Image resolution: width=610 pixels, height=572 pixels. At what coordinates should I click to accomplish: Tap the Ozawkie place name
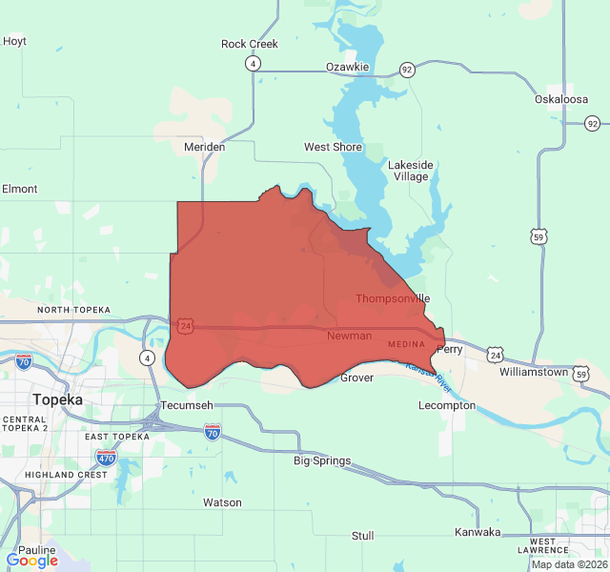[347, 67]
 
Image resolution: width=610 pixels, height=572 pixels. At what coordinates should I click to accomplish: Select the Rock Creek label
[249, 44]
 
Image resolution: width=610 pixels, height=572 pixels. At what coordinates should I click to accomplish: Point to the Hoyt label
[15, 41]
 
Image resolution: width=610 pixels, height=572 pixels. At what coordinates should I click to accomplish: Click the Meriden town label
[204, 147]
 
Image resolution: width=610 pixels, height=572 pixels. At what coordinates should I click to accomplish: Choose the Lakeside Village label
[411, 171]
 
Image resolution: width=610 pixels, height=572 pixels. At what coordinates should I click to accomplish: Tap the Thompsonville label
[393, 298]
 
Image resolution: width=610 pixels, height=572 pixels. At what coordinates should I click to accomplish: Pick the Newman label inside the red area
[349, 337]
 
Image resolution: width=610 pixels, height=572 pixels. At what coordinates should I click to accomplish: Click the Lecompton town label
[447, 405]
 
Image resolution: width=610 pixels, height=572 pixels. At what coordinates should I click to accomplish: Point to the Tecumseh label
[186, 405]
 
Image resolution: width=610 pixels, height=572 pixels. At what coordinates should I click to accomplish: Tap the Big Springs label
[321, 460]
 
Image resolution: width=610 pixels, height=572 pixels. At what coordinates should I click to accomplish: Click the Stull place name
[362, 536]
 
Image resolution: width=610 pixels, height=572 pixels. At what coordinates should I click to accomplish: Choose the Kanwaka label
[478, 532]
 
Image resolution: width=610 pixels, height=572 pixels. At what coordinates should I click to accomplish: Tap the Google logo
[31, 561]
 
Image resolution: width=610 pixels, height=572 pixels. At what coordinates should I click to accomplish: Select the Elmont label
[20, 189]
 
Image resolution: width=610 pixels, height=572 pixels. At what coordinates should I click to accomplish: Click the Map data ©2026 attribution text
[567, 564]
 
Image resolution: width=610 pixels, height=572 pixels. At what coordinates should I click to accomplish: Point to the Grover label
[357, 378]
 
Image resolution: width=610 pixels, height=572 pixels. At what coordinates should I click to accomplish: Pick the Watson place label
[222, 502]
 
